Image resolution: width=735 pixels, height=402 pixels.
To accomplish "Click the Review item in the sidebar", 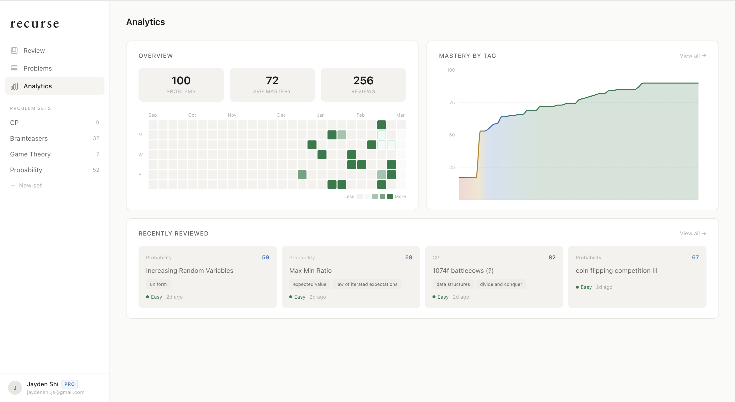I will coord(34,51).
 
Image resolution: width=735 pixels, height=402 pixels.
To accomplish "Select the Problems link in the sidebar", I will coord(37,68).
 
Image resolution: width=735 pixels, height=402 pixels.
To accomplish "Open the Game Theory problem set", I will coord(30,154).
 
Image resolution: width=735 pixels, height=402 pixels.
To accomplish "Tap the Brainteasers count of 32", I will coord(96,138).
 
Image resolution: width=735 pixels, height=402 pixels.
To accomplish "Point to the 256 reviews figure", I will coord(363,81).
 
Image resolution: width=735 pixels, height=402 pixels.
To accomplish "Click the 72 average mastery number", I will coord(272,81).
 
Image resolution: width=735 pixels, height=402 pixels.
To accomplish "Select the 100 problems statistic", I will coord(181,81).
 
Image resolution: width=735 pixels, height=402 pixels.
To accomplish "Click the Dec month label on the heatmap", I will coord(281,115).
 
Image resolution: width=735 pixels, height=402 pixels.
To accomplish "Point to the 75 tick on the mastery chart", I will coord(452,103).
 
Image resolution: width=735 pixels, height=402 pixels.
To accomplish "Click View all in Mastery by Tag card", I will coord(692,56).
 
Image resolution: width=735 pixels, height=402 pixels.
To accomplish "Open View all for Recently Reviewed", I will coord(692,234).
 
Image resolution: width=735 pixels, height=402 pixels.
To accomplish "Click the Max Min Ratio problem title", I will coord(310,271).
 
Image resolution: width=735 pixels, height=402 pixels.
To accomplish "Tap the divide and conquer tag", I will coord(501,284).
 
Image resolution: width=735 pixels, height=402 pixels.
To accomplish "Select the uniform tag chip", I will coord(158,284).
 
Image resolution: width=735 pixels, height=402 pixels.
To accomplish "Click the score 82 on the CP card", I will coord(552,257).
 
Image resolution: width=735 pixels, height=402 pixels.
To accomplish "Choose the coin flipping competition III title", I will coord(616,271).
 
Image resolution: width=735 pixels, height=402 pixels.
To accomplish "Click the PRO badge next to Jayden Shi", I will coord(69,384).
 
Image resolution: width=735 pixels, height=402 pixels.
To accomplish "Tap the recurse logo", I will coord(34,24).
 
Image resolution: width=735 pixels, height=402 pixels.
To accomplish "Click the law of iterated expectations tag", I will coord(367,284).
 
